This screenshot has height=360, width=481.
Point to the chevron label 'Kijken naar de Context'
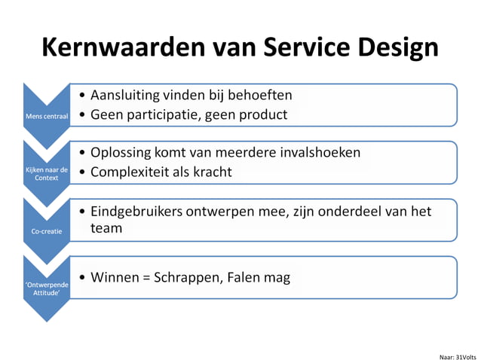click(x=47, y=174)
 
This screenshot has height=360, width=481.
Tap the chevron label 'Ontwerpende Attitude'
click(x=47, y=287)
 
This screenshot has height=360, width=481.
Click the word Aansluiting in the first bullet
click(x=127, y=96)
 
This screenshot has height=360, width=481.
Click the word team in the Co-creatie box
click(x=106, y=227)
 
